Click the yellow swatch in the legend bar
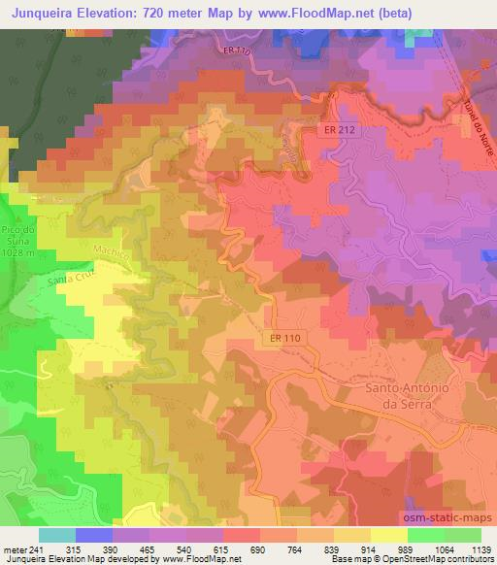tap(388, 534)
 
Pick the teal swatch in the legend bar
tap(57, 534)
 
